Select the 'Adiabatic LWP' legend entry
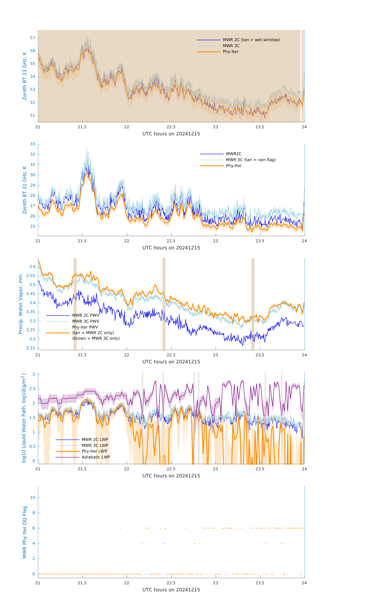pyautogui.click(x=96, y=457)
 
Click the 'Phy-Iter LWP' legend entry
pyautogui.click(x=94, y=451)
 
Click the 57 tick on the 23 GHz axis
pyautogui.click(x=33, y=38)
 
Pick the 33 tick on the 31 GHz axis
pyautogui.click(x=33, y=144)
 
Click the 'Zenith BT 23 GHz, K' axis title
pyautogui.click(x=25, y=76)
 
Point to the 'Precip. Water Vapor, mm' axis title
pyautogui.click(x=20, y=304)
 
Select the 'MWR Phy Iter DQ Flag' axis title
pyautogui.click(x=25, y=532)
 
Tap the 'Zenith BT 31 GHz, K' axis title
pyautogui.click(x=25, y=190)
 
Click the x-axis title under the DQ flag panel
pyautogui.click(x=171, y=590)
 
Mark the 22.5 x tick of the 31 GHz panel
pyautogui.click(x=171, y=241)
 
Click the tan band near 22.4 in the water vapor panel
pyautogui.click(x=164, y=304)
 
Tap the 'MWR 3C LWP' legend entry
pyautogui.click(x=95, y=445)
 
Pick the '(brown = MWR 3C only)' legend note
pyautogui.click(x=96, y=338)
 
